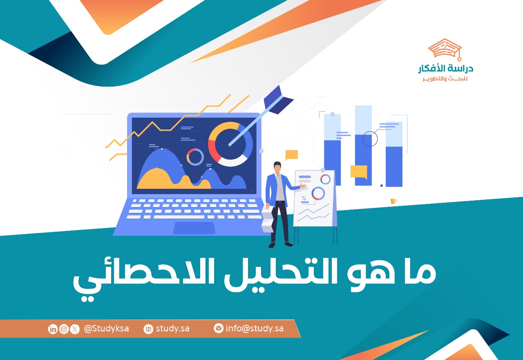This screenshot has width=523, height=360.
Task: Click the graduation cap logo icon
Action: tap(445, 49)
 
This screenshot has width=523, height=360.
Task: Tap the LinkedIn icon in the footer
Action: tap(53, 329)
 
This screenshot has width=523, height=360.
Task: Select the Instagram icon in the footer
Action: tap(64, 329)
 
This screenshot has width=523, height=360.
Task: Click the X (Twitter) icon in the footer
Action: tap(75, 329)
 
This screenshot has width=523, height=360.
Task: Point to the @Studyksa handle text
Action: tap(106, 329)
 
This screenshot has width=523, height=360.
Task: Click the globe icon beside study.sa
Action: tap(148, 329)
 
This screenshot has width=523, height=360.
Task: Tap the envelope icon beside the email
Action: tap(219, 328)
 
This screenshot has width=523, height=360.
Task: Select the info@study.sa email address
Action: tap(255, 329)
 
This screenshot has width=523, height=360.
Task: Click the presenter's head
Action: tap(277, 168)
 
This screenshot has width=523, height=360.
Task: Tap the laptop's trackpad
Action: tap(194, 228)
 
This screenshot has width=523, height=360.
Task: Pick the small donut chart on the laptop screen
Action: tap(195, 157)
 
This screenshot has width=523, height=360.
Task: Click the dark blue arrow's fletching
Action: tap(278, 100)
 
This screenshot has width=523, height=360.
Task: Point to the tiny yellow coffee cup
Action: tap(393, 201)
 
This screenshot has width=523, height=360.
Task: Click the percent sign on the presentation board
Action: tap(304, 199)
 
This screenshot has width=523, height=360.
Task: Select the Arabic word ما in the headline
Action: tap(420, 273)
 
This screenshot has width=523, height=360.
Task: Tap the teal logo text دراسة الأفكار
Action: tap(446, 68)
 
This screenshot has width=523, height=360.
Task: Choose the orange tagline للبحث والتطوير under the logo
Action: tap(445, 79)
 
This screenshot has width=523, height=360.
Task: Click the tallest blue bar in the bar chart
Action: tap(363, 145)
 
